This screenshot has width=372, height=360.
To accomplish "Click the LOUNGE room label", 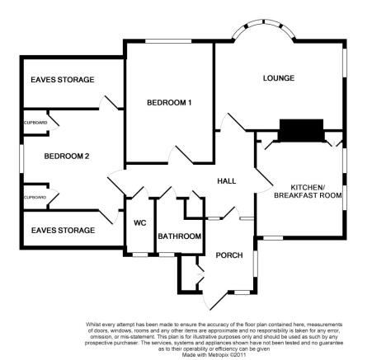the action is pos(279,78).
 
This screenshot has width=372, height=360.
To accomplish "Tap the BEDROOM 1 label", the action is pos(169,103).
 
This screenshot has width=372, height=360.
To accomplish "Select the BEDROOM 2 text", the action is pos(67,157).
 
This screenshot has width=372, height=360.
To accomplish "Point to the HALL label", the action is pos(227,181).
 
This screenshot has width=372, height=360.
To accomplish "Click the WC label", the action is pos(140,223).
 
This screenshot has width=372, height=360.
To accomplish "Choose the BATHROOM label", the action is pos(180,236).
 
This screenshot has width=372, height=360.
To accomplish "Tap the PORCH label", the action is pos(229,255).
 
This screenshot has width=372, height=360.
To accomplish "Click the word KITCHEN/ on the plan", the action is pos(308,188).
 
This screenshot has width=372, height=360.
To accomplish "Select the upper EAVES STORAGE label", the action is pos(63,80).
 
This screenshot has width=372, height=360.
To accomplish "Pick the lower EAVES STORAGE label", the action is pos(63,230).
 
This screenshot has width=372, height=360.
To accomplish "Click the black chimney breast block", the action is pos(301,130).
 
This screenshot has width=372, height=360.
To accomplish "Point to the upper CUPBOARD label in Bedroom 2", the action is pos(35,123).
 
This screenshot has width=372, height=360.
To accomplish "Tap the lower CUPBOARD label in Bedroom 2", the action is pos(35,198).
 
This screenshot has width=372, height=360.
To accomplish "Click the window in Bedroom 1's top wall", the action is pos(168,41).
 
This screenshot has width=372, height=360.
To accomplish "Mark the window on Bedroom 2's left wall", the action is pos(21,159).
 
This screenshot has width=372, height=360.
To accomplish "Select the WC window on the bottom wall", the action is pos(140,255).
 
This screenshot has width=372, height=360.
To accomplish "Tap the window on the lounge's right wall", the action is pos(345,63).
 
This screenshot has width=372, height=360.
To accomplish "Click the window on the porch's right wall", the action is pos(255,264).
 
